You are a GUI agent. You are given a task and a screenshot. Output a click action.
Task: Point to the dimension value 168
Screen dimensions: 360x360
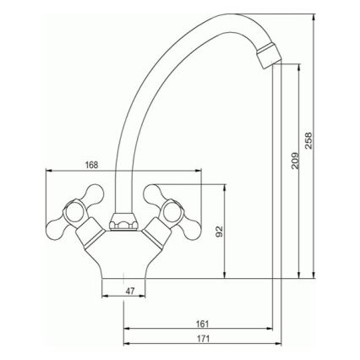pos(92,164)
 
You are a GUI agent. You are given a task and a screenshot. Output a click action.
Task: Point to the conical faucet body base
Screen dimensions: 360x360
pos(124,258)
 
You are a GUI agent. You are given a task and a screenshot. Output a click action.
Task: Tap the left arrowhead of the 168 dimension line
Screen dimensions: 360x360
pos(46,172)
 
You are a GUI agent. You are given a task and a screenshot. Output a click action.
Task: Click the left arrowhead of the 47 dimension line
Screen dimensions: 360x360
pos(103,297)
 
